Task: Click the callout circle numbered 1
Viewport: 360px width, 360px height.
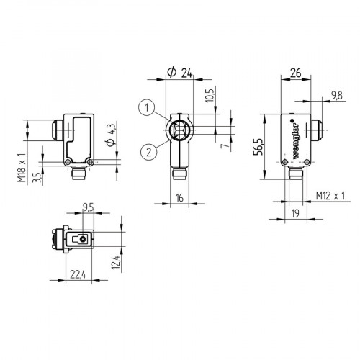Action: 146,108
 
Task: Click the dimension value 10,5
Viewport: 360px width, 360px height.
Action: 211,96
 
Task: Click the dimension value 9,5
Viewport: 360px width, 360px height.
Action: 88,207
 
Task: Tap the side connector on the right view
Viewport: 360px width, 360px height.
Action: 315,132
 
